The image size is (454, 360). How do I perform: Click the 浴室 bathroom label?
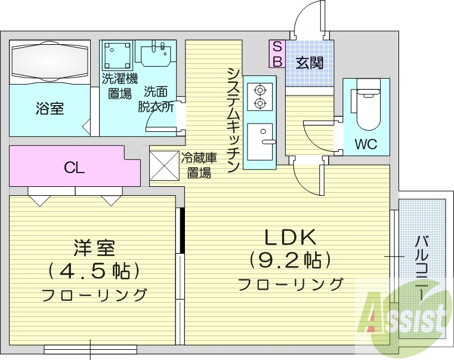tap(50, 109)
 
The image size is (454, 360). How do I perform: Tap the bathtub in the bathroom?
tap(50, 61)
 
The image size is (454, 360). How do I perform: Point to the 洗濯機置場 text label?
tap(119, 85)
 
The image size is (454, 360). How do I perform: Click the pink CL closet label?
tap(75, 168)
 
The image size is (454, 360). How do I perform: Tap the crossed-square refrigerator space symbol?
tap(163, 165)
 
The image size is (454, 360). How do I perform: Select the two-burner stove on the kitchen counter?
tap(260, 97)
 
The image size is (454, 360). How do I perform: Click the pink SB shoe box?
tap(277, 54)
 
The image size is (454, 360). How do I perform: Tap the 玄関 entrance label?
tap(310, 61)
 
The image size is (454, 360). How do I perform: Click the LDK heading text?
tap(290, 237)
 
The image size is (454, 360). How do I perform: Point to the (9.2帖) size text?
tap(290, 260)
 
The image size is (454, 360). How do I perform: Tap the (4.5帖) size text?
tap(94, 271)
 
